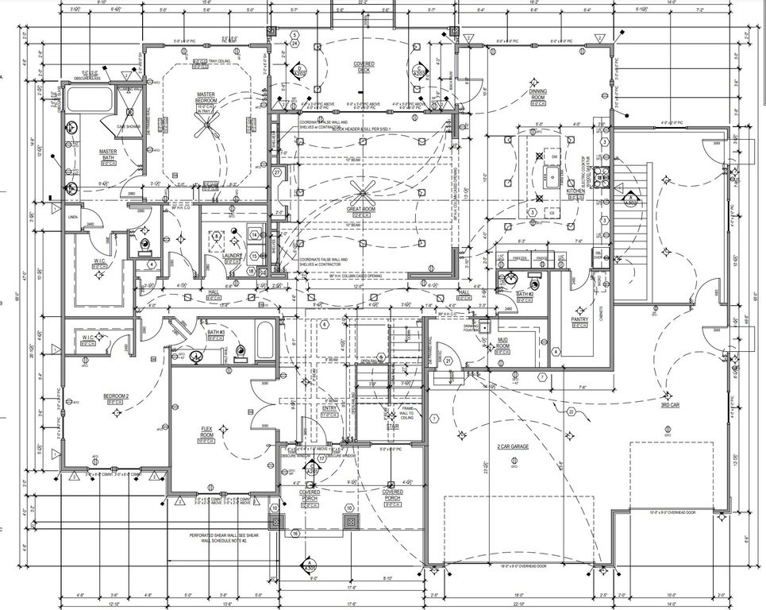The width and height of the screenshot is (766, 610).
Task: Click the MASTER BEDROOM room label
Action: point(206,97)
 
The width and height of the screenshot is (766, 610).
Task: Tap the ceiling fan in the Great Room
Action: point(366,189)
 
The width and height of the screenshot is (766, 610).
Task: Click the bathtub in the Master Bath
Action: point(89,100)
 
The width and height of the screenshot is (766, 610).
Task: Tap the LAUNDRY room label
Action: point(232,255)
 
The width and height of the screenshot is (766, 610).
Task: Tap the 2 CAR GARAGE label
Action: point(513,447)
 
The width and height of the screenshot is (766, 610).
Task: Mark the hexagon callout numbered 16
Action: point(294,534)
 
